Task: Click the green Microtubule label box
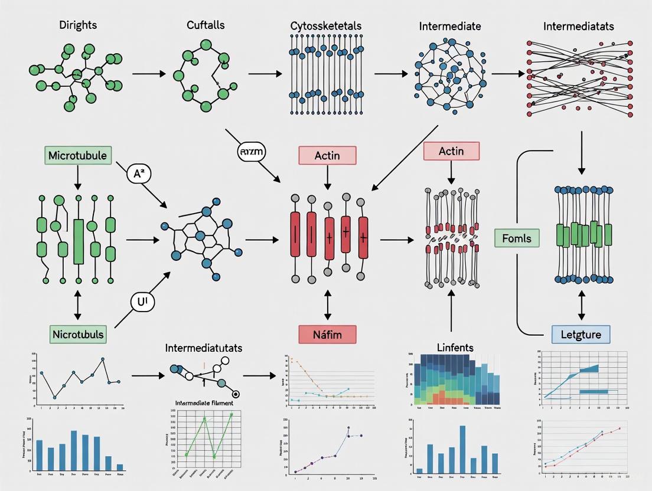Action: click(77, 155)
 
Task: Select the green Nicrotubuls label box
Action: click(77, 334)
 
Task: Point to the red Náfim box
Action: click(327, 334)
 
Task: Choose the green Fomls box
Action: click(517, 238)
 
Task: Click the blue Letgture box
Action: click(581, 334)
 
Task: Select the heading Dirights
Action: click(79, 25)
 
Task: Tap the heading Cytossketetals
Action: click(326, 26)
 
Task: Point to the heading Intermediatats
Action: click(579, 26)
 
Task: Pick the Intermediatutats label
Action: click(204, 348)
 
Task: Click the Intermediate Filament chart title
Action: click(204, 402)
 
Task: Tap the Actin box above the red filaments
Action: click(327, 155)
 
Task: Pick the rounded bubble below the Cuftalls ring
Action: click(251, 152)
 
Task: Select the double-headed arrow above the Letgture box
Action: click(581, 306)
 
